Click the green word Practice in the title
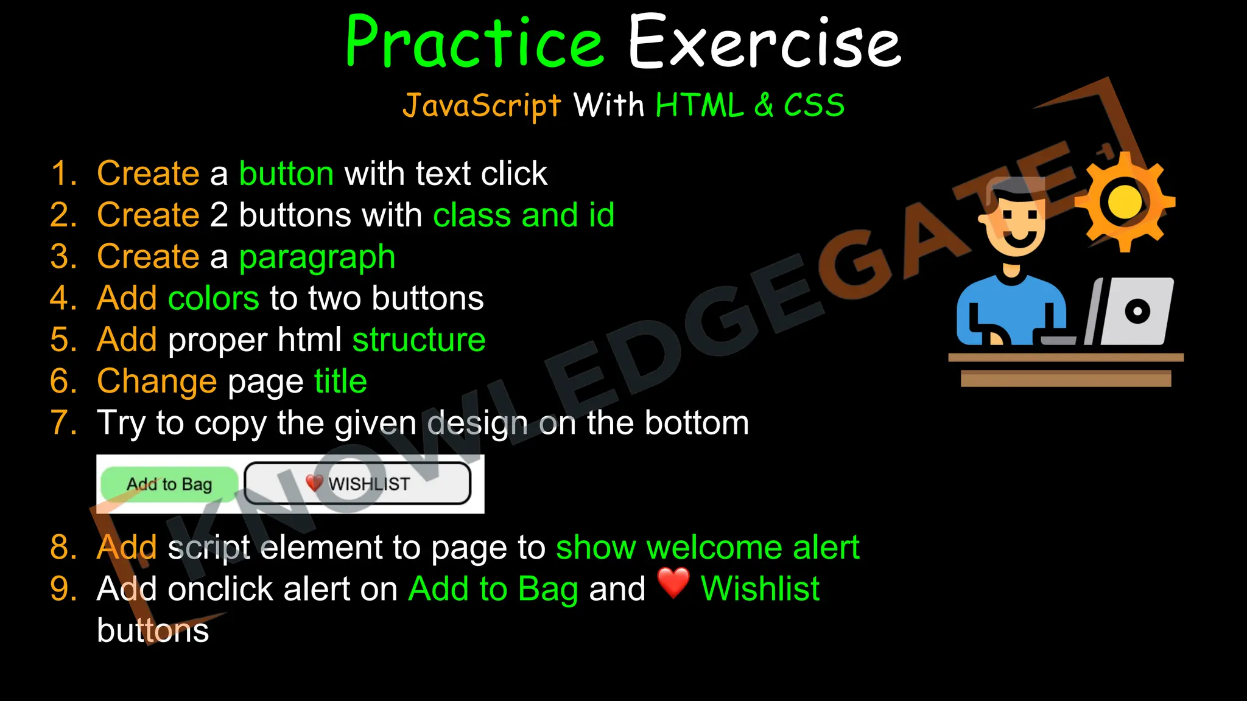[x=474, y=43]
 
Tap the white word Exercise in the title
[x=764, y=43]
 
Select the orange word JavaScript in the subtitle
[x=481, y=106]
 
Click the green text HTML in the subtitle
[x=699, y=106]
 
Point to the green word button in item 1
[x=286, y=174]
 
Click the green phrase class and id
[x=524, y=215]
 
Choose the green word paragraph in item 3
[x=317, y=257]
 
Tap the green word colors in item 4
[x=213, y=299]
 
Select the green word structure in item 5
[x=419, y=340]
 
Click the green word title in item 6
[x=340, y=382]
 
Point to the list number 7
[x=63, y=423]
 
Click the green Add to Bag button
[x=169, y=484]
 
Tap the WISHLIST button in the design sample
[x=358, y=484]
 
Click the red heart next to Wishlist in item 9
[x=673, y=583]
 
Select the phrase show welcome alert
[x=708, y=547]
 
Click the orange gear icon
[x=1124, y=203]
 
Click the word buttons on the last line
[x=153, y=630]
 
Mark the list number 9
[x=63, y=589]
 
